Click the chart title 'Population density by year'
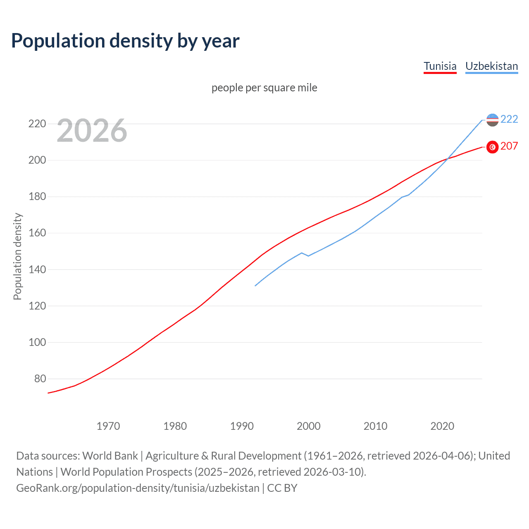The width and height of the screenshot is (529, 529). (x=125, y=41)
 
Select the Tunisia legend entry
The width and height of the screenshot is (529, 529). (x=440, y=66)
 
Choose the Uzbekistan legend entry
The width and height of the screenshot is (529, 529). (x=491, y=66)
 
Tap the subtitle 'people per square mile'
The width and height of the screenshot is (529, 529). (x=264, y=88)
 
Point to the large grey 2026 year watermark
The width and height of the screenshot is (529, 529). (x=92, y=131)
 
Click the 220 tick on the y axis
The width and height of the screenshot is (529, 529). (x=37, y=124)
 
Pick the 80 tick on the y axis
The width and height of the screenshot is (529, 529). (x=40, y=379)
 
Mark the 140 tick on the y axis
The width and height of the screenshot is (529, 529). (x=37, y=269)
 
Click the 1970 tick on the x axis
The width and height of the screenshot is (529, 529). (x=108, y=426)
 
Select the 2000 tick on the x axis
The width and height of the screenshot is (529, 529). (x=308, y=426)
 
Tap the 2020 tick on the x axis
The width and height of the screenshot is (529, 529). (x=442, y=426)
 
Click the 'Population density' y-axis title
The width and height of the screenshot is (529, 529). (x=17, y=256)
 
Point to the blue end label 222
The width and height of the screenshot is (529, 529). (x=509, y=119)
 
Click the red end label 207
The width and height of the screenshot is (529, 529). (x=509, y=146)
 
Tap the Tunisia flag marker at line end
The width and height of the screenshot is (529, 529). (x=492, y=147)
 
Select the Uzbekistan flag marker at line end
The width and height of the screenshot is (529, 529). (x=492, y=120)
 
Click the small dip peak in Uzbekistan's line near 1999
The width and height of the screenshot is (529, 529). (x=302, y=253)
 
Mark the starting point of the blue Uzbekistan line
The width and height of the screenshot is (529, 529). (x=255, y=286)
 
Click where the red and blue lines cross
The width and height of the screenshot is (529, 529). (x=448, y=158)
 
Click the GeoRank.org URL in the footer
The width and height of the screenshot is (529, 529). (x=138, y=488)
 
